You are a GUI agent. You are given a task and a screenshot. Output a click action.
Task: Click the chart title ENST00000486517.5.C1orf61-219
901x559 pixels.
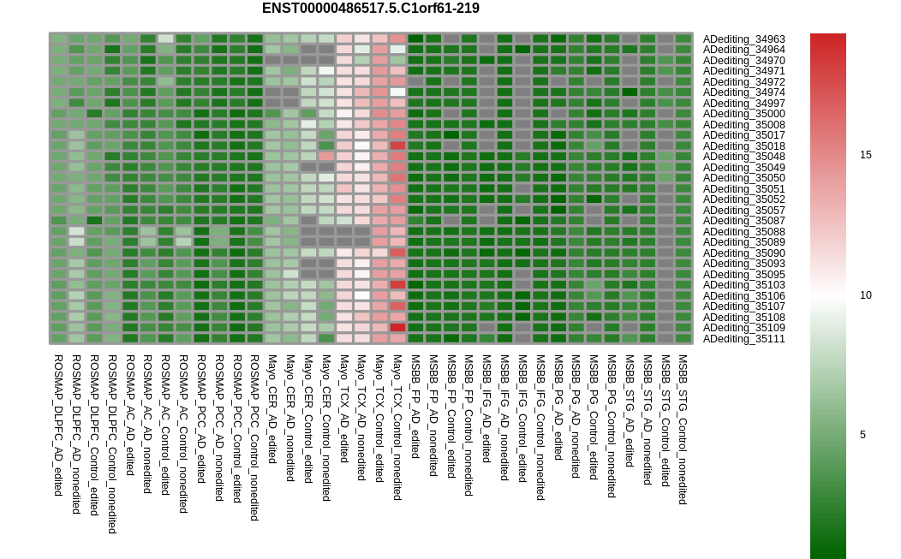point(371,9)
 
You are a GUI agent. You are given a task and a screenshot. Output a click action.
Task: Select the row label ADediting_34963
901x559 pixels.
point(743,39)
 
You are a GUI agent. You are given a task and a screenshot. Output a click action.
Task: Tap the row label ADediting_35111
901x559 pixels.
point(743,339)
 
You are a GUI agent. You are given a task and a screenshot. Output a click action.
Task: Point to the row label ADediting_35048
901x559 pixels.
point(743,157)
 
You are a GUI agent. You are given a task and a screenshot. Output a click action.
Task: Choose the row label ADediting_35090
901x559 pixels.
point(743,253)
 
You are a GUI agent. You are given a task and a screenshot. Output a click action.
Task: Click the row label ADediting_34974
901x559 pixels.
point(743,92)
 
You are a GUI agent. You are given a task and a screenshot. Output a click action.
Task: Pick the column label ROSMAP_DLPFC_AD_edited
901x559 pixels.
point(58,425)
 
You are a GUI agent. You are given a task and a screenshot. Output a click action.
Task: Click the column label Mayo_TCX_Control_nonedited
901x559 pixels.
point(397,427)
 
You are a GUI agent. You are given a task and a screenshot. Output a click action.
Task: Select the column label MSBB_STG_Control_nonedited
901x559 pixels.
point(683,430)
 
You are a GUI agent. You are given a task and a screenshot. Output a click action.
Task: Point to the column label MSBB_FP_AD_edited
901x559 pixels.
point(415,406)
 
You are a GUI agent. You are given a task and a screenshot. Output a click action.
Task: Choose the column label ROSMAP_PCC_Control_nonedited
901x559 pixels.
point(254,437)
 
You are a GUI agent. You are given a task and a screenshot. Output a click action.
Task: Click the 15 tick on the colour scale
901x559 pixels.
point(865,155)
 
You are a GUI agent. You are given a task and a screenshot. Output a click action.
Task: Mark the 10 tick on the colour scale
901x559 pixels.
point(865,295)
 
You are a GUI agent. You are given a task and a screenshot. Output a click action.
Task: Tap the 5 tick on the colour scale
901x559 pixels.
point(862,435)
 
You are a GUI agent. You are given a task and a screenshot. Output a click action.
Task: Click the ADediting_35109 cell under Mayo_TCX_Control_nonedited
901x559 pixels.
point(397,328)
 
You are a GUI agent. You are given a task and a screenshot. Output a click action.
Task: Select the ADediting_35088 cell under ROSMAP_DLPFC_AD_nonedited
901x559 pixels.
point(76,231)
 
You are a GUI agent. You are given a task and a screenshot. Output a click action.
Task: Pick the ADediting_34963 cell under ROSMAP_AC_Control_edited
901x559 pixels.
point(165,39)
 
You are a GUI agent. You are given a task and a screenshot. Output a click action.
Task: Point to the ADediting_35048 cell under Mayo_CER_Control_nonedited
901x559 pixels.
point(326,157)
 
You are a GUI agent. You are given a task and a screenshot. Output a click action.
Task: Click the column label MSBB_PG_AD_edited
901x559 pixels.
point(558,407)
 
